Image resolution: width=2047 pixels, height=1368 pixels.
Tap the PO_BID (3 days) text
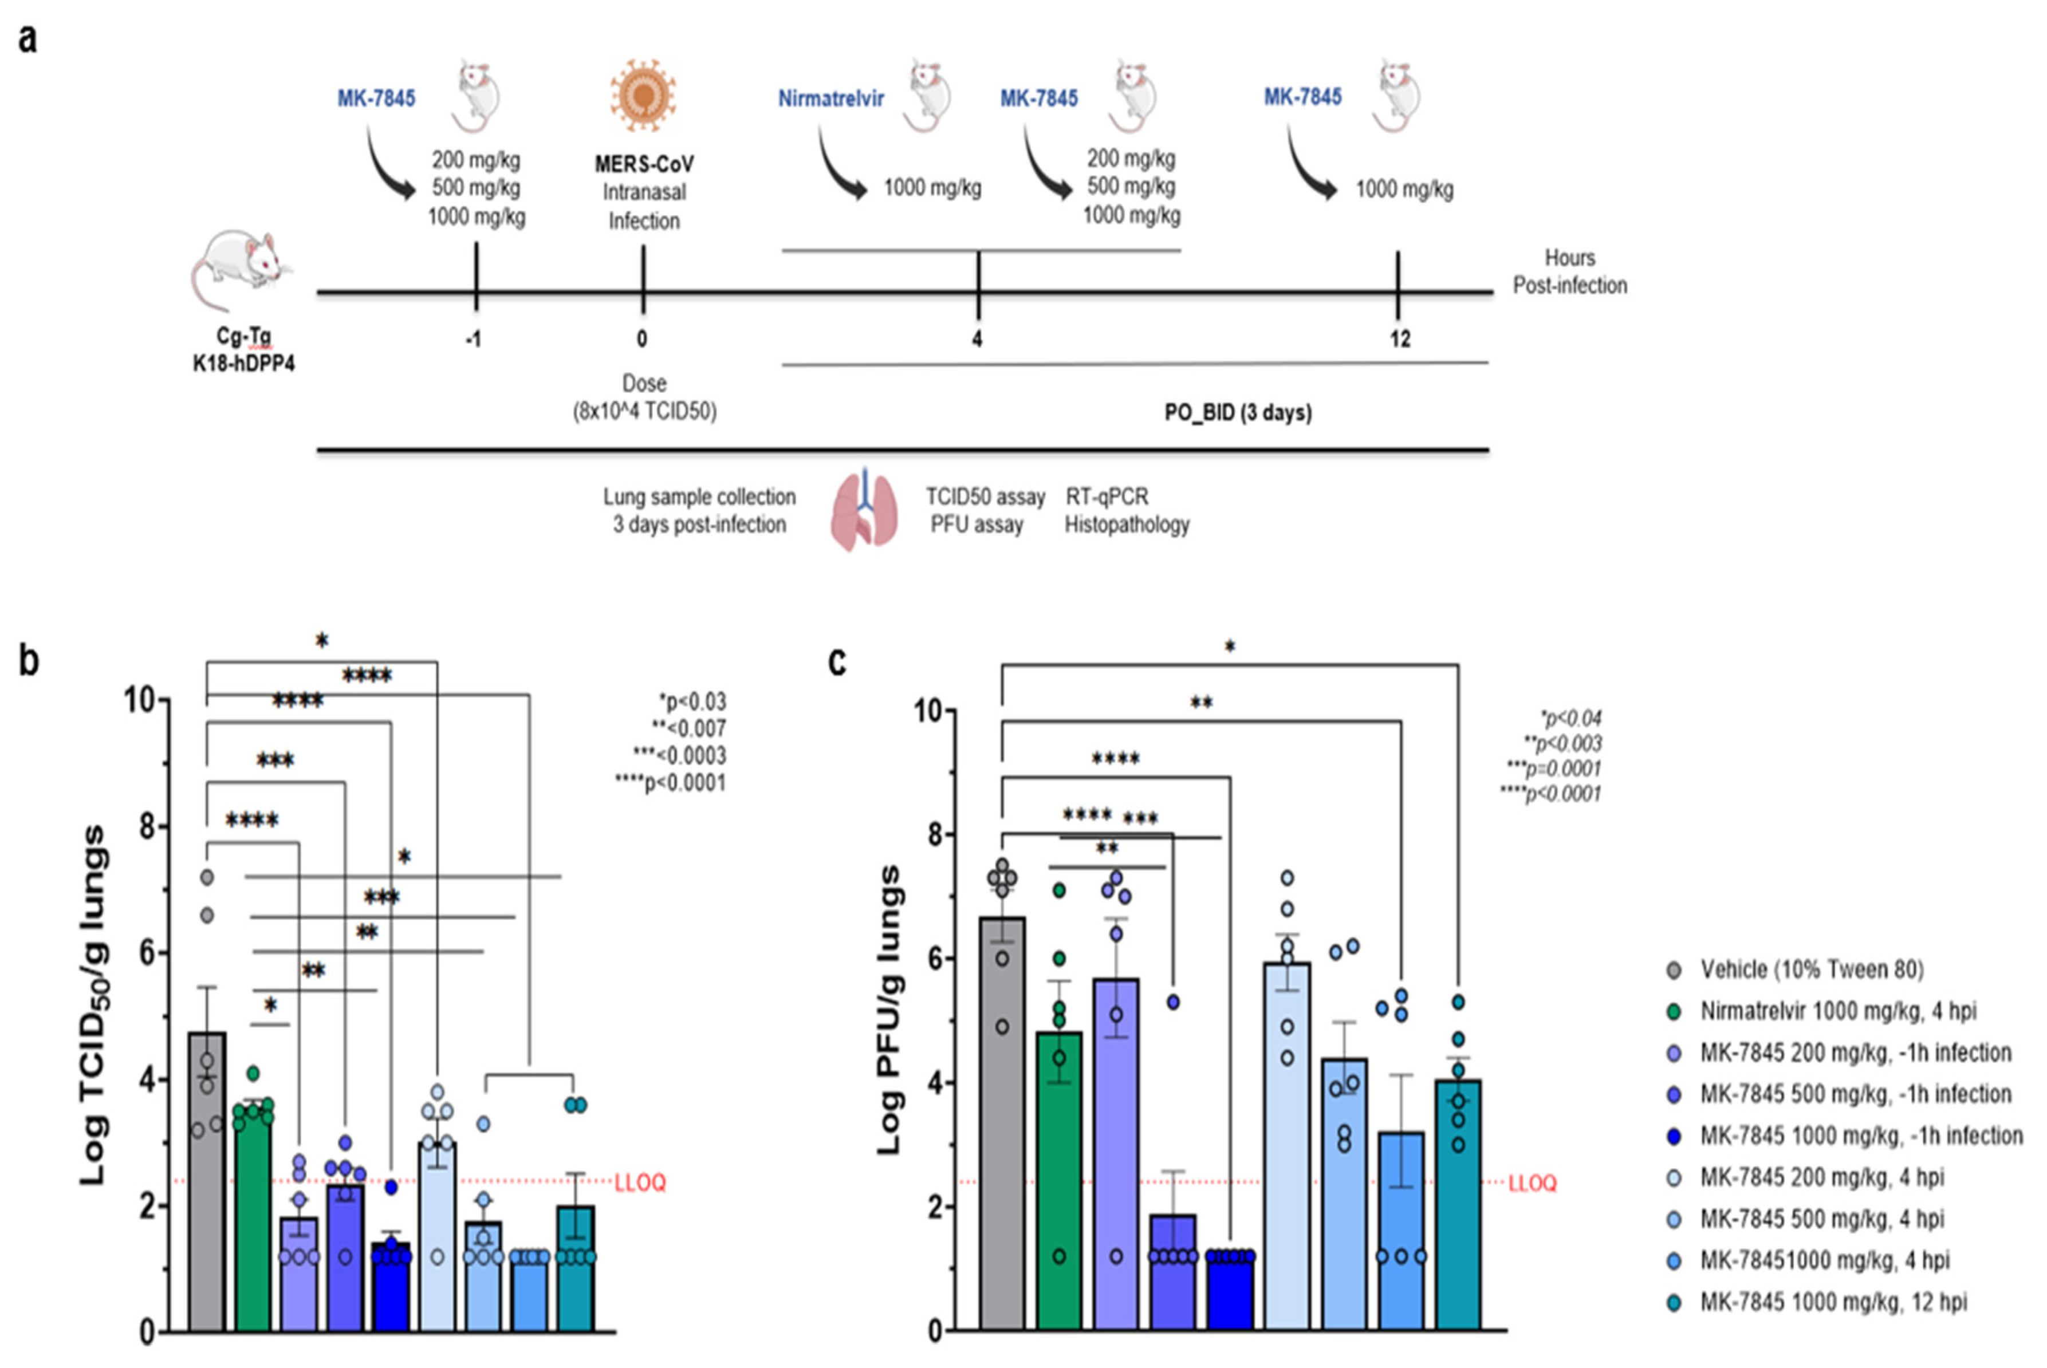point(1237,413)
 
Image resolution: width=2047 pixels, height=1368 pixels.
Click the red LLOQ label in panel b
point(640,1183)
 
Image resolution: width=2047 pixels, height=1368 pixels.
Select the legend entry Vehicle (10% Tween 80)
point(1812,969)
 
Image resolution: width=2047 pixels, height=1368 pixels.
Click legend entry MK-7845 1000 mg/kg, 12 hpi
point(1832,1302)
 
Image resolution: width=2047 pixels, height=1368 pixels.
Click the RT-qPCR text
point(1107,496)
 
